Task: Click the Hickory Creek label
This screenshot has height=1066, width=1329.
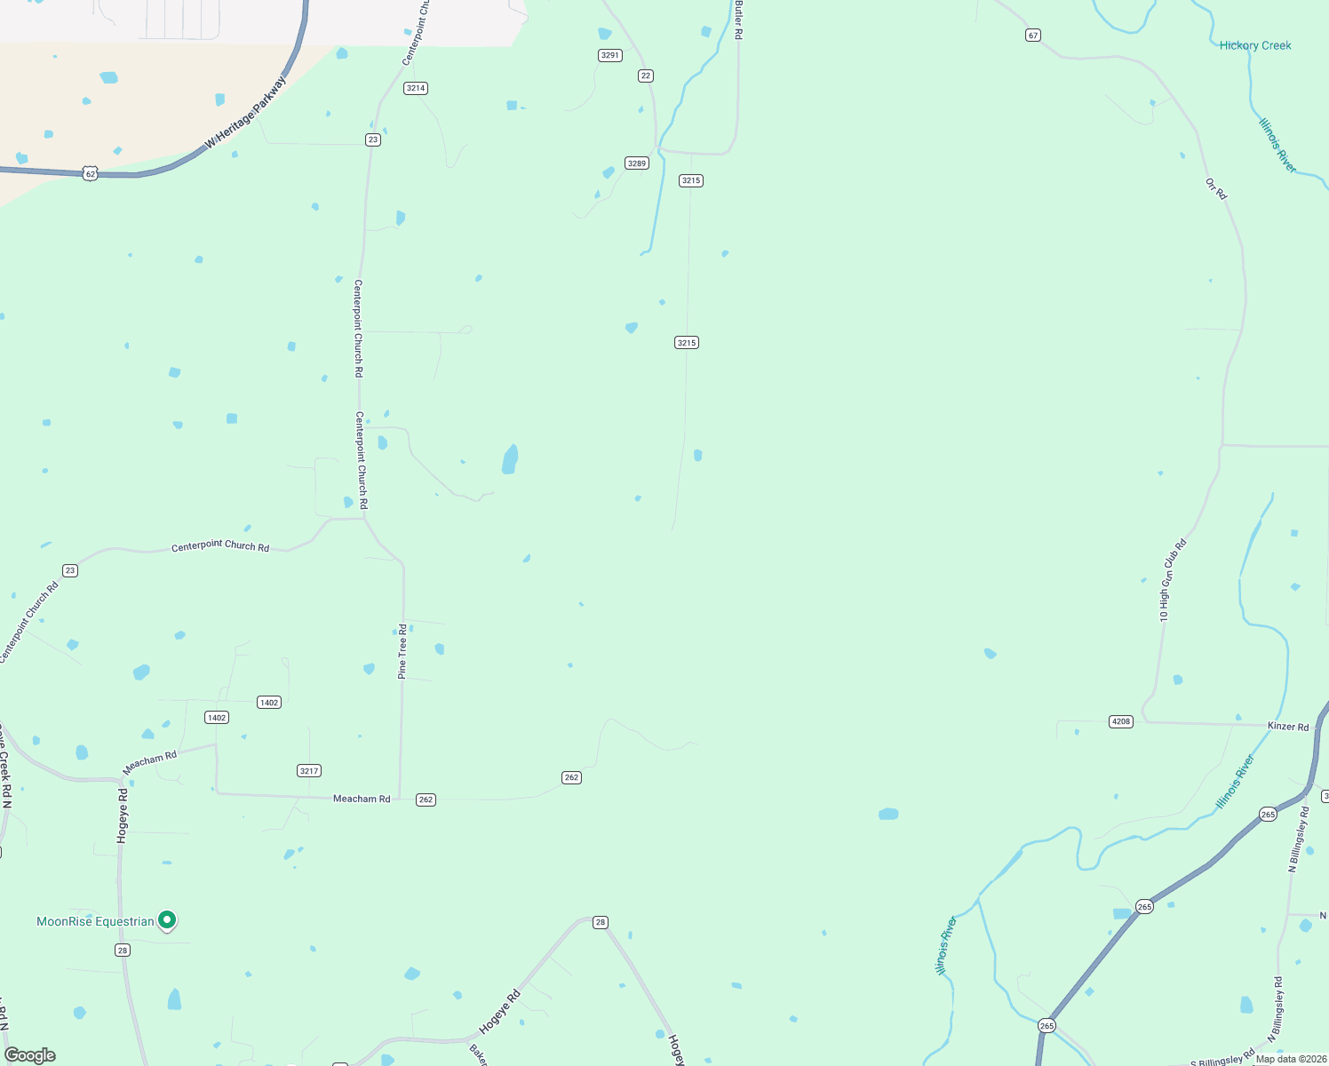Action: [x=1254, y=45]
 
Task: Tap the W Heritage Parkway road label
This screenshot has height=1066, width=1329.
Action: [x=246, y=113]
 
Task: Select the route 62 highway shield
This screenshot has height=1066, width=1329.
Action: [x=90, y=174]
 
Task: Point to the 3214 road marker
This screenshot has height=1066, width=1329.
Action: [x=416, y=88]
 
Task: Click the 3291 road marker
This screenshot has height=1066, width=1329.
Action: [x=610, y=55]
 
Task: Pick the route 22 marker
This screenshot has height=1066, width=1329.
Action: [x=646, y=76]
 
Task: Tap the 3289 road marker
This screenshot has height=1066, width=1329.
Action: [x=637, y=163]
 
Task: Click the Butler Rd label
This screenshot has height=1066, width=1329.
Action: [x=738, y=20]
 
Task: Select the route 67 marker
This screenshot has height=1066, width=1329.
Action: [x=1032, y=35]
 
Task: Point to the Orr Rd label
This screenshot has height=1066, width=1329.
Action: [x=1216, y=188]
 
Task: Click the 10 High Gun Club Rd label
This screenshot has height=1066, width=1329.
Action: [x=1172, y=580]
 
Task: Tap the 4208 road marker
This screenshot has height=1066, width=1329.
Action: [x=1121, y=721]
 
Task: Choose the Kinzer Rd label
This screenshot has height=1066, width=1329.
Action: [x=1288, y=727]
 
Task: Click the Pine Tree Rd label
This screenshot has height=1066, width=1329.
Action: [x=402, y=651]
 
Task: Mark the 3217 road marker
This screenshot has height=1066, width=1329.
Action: [x=309, y=770]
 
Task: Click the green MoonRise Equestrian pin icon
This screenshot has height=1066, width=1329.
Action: [x=166, y=920]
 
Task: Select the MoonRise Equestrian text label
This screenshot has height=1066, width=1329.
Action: [x=95, y=921]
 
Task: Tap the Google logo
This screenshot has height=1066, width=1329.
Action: [x=30, y=1054]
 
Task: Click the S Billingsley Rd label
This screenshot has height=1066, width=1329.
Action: [x=1222, y=1060]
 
